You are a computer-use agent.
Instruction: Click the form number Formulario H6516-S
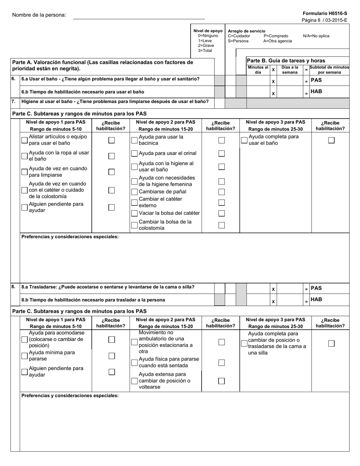(325, 13)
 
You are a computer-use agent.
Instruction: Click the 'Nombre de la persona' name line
(139, 16)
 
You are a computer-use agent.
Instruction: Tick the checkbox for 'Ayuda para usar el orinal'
(134, 153)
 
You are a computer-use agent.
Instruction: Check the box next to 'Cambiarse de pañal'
(134, 192)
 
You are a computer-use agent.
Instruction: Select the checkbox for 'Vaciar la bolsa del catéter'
(134, 213)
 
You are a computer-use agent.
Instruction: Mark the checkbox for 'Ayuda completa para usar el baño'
(244, 140)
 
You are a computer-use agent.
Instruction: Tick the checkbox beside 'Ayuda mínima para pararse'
(25, 356)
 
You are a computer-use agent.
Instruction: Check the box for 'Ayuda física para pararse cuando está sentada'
(134, 363)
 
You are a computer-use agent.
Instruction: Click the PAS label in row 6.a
(316, 80)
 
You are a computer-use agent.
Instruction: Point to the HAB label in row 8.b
(316, 299)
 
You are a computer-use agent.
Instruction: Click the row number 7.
(14, 102)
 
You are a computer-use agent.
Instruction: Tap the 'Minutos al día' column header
(258, 70)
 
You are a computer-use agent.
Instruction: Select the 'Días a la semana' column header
(290, 70)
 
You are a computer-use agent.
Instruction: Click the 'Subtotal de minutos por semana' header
(329, 70)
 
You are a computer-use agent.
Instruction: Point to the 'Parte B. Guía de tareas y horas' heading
(285, 61)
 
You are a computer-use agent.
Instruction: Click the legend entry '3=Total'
(205, 51)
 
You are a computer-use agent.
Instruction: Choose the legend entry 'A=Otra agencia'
(277, 41)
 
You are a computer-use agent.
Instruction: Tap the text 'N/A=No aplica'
(316, 36)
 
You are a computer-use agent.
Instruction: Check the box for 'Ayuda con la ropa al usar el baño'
(25, 156)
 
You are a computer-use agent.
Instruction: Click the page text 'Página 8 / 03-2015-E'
(324, 20)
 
